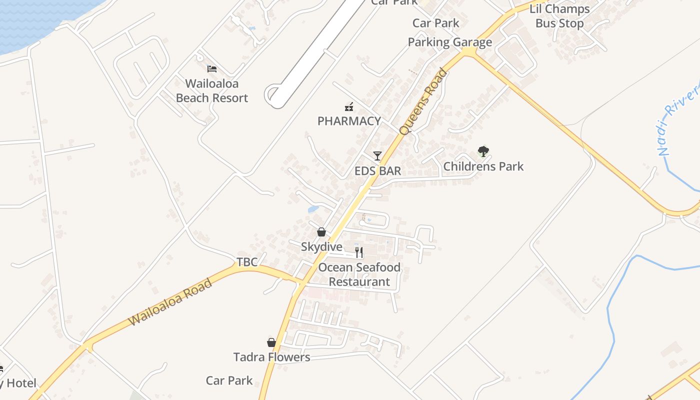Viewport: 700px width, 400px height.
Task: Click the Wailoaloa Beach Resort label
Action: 212,91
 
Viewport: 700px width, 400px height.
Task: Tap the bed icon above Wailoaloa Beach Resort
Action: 212,69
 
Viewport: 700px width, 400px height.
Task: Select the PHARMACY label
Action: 349,121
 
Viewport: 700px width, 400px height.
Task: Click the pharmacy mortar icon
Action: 349,106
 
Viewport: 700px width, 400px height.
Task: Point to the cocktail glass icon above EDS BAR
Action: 377,156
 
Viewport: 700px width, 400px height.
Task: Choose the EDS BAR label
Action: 377,171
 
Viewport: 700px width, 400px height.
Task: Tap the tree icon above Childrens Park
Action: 483,151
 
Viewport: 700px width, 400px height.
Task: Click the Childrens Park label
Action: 483,166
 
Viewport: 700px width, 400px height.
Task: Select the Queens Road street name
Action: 423,102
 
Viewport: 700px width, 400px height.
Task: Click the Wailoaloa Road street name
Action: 170,303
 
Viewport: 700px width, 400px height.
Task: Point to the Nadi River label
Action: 679,120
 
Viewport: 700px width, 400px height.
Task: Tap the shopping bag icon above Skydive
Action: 321,232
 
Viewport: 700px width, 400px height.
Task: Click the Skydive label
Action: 321,247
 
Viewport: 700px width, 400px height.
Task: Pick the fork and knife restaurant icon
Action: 358,252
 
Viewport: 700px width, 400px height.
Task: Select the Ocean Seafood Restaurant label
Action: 359,274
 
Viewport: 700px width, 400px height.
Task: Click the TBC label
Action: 247,262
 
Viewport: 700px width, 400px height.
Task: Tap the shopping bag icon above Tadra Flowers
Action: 271,342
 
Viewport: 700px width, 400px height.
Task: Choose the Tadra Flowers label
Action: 271,357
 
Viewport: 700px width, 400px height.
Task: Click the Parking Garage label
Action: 449,42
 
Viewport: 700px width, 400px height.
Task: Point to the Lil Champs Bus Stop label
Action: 559,16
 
